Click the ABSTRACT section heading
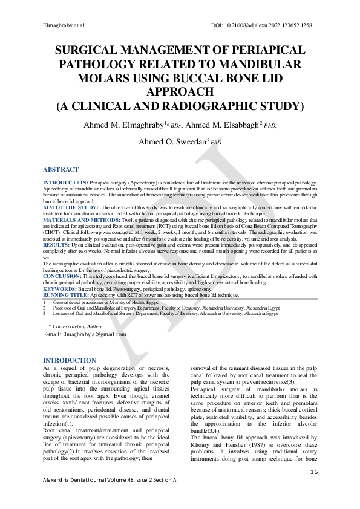pyautogui.click(x=61, y=170)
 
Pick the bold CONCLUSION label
pyautogui.click(x=62, y=275)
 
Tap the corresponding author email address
pyautogui.click(x=84, y=334)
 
